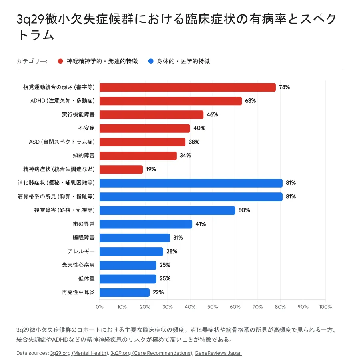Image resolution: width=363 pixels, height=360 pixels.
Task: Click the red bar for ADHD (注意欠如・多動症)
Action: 171,101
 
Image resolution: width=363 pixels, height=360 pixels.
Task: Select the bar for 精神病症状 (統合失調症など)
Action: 121,169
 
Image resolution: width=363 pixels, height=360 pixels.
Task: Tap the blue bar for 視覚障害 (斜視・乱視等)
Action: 167,210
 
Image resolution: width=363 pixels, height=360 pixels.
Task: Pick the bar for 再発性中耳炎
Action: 124,292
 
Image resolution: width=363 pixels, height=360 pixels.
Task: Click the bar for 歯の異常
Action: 146,224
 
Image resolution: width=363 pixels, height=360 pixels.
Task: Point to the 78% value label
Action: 284,87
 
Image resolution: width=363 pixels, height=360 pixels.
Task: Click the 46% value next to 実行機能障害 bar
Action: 212,115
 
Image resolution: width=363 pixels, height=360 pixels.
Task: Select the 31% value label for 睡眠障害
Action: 178,238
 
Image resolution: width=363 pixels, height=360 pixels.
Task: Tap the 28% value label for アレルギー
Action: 171,252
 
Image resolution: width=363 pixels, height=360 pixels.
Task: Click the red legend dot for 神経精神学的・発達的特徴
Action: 60,61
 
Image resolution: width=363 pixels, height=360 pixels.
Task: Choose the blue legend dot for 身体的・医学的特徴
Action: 151,61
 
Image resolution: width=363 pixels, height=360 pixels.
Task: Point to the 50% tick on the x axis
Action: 213,307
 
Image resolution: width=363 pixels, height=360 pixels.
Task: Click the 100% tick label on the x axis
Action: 325,307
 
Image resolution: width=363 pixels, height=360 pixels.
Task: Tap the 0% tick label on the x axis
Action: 100,307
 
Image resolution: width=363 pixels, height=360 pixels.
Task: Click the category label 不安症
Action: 86,128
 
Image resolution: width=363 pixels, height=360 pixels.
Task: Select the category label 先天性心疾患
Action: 78,265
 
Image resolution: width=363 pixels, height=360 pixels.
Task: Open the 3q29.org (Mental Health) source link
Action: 79,353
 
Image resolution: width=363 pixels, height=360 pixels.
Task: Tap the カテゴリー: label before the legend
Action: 32,61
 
